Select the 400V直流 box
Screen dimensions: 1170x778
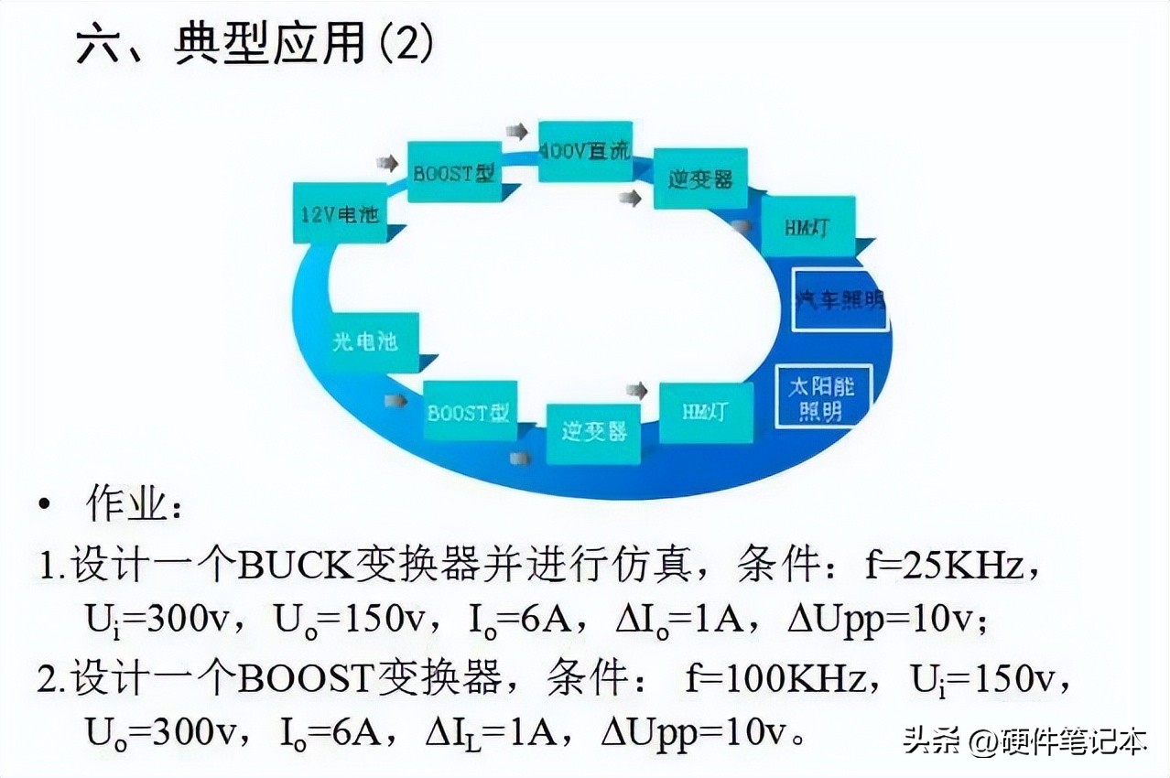coord(584,151)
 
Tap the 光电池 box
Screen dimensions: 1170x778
coord(363,341)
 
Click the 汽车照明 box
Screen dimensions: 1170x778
coord(840,299)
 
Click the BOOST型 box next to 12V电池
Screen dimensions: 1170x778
coord(452,172)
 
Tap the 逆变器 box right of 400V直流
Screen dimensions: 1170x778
coord(700,178)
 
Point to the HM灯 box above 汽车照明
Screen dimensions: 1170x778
coord(807,226)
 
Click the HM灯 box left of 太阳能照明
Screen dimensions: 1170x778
coord(706,412)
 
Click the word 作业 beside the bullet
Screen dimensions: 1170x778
coord(126,506)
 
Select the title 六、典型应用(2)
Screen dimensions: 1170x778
coord(255,45)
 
